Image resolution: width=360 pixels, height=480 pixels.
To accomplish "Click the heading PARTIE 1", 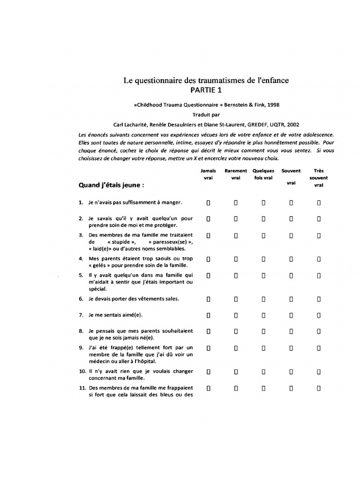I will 206,90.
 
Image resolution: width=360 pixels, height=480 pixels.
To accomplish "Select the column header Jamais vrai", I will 209,174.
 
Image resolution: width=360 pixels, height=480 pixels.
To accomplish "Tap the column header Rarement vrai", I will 236,174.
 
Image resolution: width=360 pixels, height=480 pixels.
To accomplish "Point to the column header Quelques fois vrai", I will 263,174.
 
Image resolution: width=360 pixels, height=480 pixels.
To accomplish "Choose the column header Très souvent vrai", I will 319,178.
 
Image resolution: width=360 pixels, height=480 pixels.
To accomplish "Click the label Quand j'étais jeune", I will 111,185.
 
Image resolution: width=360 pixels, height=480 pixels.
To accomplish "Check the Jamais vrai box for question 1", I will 209,202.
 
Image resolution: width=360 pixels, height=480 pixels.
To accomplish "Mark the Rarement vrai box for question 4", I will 236,258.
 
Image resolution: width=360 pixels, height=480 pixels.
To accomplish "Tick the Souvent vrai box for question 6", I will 291,298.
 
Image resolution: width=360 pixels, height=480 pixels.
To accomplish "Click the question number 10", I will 82,371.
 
